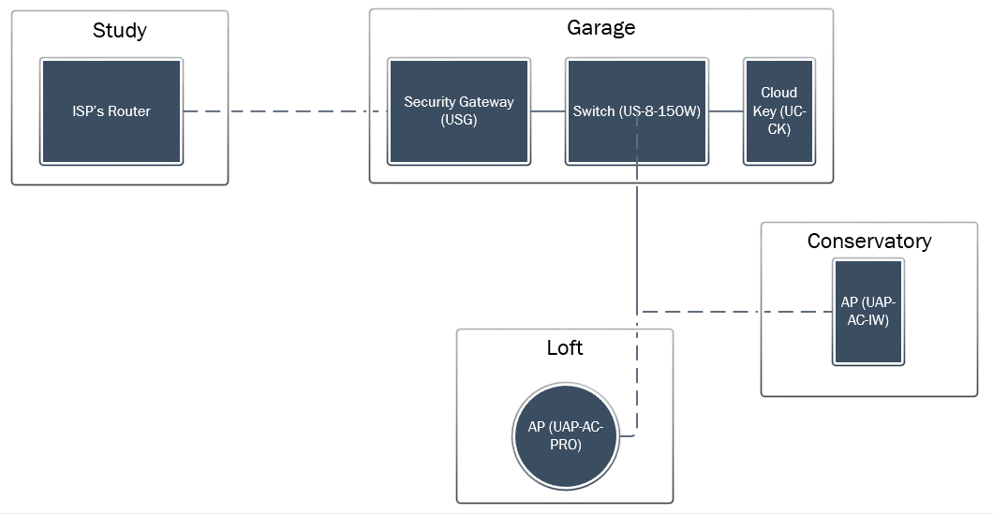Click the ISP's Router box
(111, 111)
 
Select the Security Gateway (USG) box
(459, 111)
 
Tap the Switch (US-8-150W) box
(637, 111)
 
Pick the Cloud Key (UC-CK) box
(779, 111)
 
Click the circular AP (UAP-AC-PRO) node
(566, 436)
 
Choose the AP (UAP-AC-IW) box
(868, 312)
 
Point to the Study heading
(120, 30)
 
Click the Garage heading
(601, 28)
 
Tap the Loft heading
(565, 347)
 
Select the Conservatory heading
(869, 242)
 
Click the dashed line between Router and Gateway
(286, 111)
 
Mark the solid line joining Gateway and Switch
(548, 111)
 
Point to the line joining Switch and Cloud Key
(726, 111)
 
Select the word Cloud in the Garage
(779, 93)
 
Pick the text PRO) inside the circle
(566, 445)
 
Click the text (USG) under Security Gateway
(459, 120)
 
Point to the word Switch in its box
(594, 111)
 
